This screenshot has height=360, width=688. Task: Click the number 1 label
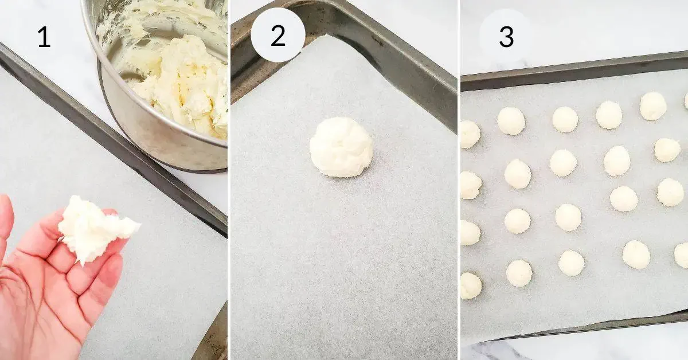(44, 38)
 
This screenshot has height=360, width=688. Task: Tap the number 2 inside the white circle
(278, 36)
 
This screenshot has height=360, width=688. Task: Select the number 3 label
(506, 37)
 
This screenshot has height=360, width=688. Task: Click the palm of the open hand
(40, 287)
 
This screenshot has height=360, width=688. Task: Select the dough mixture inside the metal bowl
(178, 80)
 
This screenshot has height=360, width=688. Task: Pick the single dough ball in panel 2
(341, 147)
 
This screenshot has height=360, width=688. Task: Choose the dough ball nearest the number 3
(510, 121)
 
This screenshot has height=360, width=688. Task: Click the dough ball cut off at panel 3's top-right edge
(685, 100)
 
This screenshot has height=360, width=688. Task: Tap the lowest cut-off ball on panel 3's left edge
(470, 285)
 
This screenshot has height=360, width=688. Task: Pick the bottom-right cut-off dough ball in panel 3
(681, 255)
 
